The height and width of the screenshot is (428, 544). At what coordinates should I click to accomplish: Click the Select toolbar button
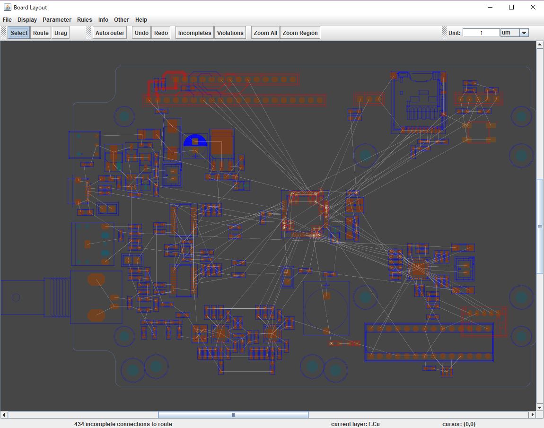coord(19,33)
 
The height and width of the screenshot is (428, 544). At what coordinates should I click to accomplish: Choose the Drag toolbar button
coord(61,33)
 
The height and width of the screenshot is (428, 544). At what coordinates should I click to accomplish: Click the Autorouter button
coord(110,33)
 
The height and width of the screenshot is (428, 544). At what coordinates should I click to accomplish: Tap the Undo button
coord(141,33)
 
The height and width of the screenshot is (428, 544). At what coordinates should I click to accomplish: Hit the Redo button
coord(161,33)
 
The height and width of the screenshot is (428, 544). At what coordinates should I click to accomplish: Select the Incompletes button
coord(194,33)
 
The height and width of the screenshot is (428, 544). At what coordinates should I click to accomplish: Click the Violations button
coord(230,33)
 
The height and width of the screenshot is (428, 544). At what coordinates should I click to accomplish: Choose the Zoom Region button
coord(300,33)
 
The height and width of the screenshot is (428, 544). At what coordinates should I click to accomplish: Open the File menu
coord(7,20)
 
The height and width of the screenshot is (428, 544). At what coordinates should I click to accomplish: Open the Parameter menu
coord(57,20)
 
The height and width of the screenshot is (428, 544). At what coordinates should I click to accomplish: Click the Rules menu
coord(85,20)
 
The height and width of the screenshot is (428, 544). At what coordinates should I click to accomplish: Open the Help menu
coord(141,20)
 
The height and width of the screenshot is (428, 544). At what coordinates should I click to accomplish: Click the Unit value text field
coord(481,33)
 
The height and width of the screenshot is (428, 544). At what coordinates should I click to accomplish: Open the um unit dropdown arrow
coord(524,33)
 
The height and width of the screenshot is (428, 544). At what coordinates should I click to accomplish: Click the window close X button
coord(533,7)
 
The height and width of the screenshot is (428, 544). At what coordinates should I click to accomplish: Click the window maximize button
coord(511,7)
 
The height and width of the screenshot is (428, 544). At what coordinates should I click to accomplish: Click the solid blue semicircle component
coord(195,140)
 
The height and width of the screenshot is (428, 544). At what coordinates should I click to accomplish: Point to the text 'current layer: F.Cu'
coord(355,424)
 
